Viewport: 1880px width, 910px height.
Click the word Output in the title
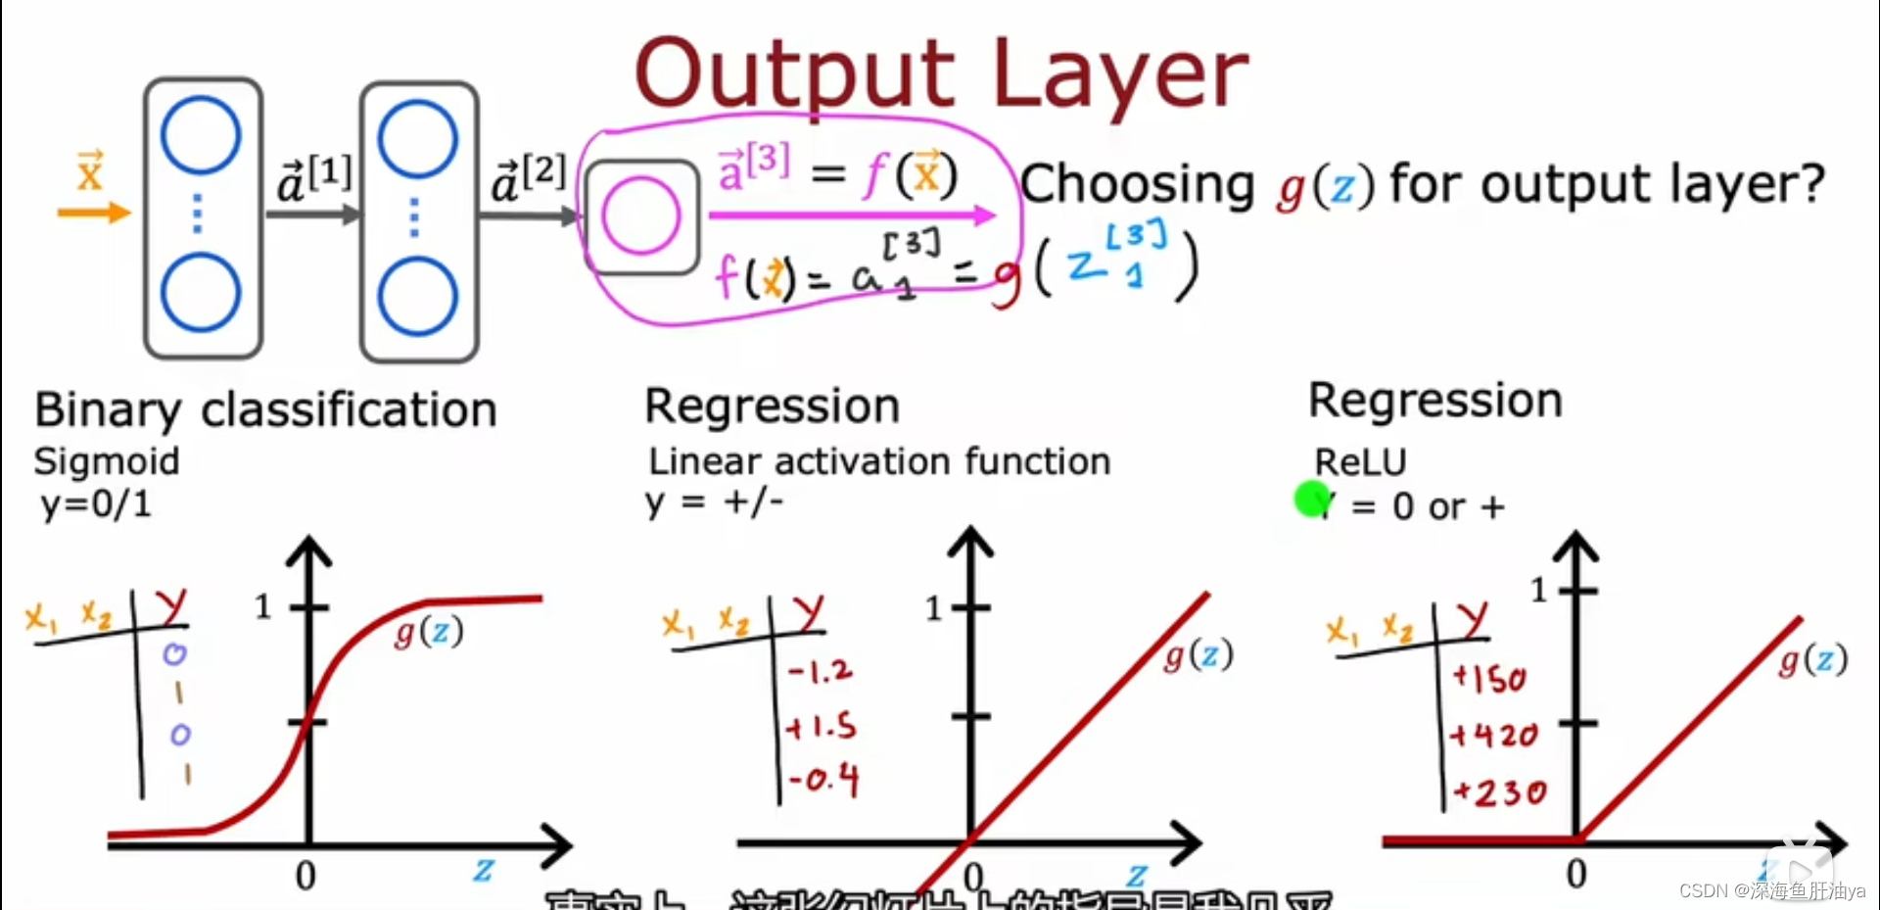click(x=794, y=75)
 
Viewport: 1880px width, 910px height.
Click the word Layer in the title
click(x=1120, y=75)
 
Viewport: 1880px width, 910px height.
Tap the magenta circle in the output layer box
click(x=640, y=216)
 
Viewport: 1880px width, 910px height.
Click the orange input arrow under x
click(x=94, y=213)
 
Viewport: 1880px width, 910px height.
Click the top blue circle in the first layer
click(x=201, y=135)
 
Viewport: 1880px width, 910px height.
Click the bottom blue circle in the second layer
click(x=418, y=296)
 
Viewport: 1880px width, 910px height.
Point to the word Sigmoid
click(x=107, y=461)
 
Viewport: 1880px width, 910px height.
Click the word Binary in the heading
click(x=108, y=410)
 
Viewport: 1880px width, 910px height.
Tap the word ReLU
click(x=1360, y=461)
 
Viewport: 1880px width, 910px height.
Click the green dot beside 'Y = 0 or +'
click(x=1311, y=499)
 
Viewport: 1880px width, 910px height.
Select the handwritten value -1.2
click(x=821, y=671)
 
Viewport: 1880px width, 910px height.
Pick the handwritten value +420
click(x=1494, y=735)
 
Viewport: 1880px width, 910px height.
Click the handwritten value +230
click(x=1499, y=791)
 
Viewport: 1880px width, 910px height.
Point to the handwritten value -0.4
click(x=823, y=781)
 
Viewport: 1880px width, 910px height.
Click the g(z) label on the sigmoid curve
click(x=429, y=633)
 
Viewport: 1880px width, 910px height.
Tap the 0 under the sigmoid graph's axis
click(x=305, y=875)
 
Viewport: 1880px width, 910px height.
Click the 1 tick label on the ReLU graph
click(x=1538, y=590)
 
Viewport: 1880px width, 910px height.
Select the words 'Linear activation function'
click(x=879, y=461)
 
